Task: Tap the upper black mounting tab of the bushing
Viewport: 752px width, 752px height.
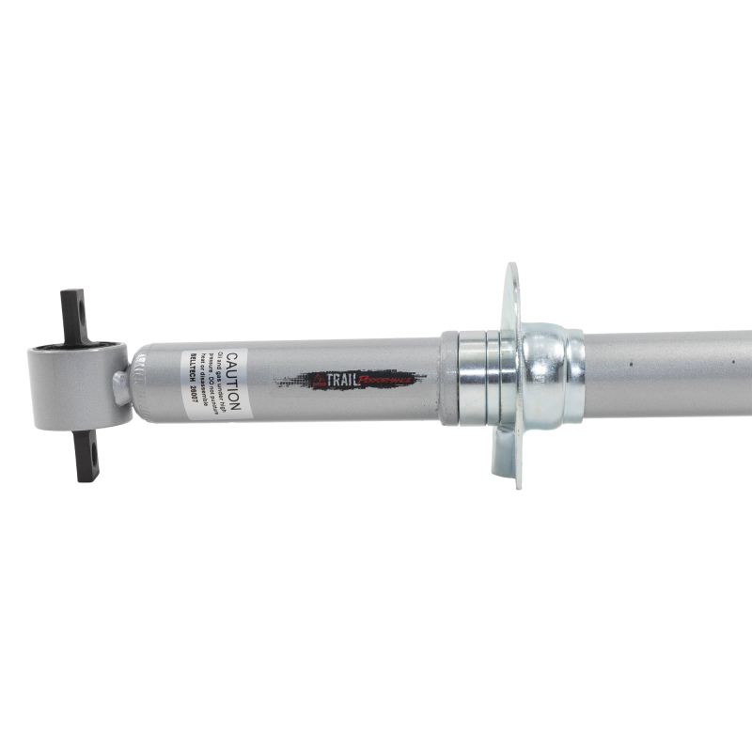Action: [73, 315]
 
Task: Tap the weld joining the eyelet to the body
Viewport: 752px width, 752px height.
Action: [122, 385]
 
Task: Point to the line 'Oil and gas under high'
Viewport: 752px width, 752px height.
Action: [223, 383]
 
